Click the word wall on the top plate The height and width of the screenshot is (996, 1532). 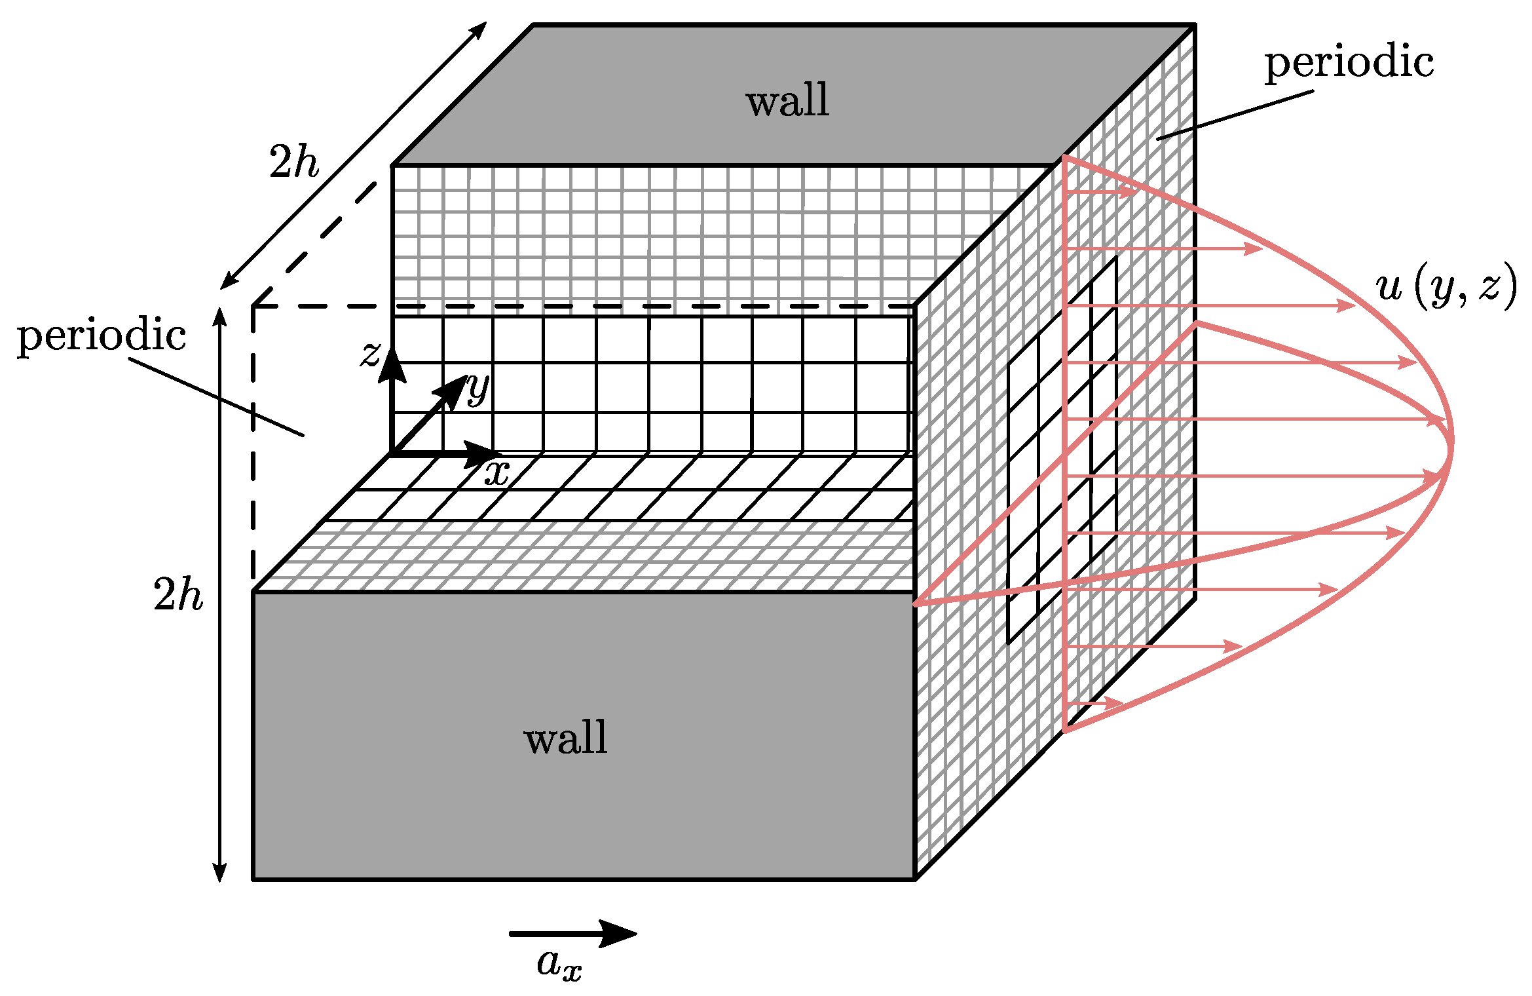point(787,101)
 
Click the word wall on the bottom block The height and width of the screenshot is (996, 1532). point(565,738)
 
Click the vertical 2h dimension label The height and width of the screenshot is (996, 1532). point(177,595)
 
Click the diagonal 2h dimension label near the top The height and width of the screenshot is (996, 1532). point(293,162)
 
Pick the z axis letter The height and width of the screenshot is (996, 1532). point(371,354)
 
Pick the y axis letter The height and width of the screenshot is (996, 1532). point(478,389)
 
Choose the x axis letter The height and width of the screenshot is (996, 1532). point(497,472)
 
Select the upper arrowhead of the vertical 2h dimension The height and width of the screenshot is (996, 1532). point(220,315)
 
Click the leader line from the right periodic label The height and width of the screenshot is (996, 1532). point(1235,115)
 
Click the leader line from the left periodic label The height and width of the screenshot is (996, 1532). point(216,396)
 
